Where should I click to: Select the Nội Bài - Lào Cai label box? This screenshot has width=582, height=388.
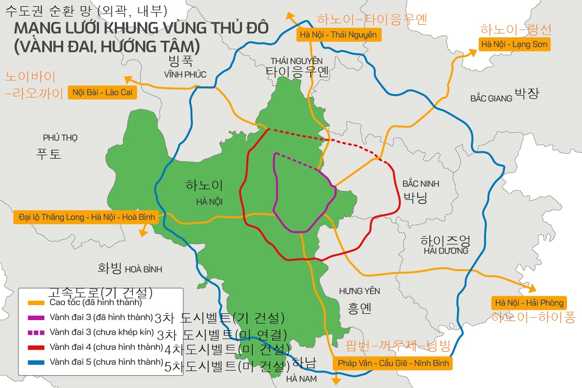click(102, 92)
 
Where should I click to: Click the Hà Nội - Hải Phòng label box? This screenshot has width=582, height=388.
click(529, 303)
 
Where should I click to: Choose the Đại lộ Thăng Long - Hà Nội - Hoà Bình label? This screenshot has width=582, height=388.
click(85, 217)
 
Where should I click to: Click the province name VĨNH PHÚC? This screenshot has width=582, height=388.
click(185, 75)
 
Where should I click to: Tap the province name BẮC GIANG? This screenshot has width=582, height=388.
click(491, 98)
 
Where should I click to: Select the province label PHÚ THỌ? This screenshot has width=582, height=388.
click(60, 138)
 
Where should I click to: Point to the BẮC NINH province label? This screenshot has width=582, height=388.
click(420, 184)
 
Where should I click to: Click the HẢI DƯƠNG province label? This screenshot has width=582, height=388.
click(446, 251)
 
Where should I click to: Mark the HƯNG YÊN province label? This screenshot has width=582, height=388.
click(359, 291)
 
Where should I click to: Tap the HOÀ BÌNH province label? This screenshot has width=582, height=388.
click(144, 269)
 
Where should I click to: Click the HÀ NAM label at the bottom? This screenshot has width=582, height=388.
click(301, 378)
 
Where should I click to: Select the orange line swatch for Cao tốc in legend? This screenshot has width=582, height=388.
click(36, 303)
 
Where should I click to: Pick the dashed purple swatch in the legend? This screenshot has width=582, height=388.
click(36, 332)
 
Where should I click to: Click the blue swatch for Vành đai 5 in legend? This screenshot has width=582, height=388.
click(36, 362)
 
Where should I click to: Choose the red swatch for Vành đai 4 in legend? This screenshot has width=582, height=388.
click(36, 347)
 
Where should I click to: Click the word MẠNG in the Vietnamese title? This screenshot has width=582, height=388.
click(35, 27)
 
